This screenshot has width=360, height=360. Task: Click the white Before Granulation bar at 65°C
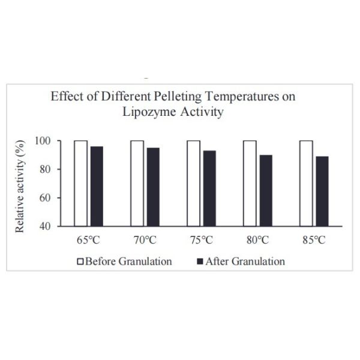coord(80,183)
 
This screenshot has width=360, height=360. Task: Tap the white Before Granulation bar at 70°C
coord(137,183)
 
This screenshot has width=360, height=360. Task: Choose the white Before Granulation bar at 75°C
coord(193,183)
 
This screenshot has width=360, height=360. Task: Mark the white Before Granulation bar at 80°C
coord(250,183)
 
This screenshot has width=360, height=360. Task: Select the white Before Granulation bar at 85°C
coord(306,183)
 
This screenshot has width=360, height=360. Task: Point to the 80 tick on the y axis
coord(53,169)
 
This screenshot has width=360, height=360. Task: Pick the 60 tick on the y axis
coord(53,198)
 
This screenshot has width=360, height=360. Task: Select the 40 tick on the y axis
coord(53,226)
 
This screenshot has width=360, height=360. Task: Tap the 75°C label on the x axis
coord(200,241)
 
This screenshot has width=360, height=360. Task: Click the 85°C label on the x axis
coord(313,241)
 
